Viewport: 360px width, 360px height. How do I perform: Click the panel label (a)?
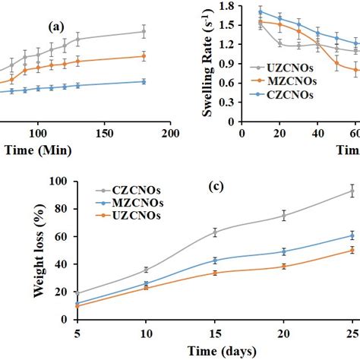[x=55, y=27]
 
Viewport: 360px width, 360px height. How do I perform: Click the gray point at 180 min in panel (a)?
[x=144, y=31]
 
